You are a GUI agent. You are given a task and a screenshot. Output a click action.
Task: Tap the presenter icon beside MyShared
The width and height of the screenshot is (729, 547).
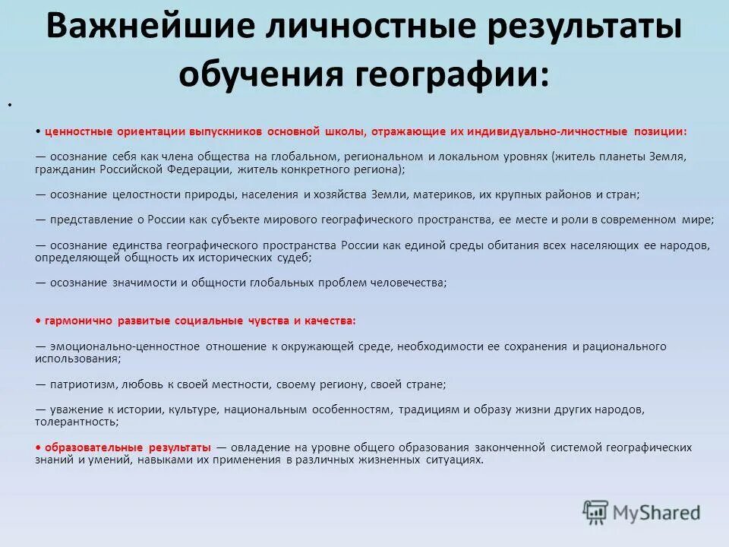595,512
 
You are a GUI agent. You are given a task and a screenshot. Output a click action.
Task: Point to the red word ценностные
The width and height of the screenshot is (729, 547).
78,131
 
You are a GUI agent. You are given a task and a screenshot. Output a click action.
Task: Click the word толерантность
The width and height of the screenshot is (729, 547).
75,421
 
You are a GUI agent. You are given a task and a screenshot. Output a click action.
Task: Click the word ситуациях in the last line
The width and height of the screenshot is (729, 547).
456,460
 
